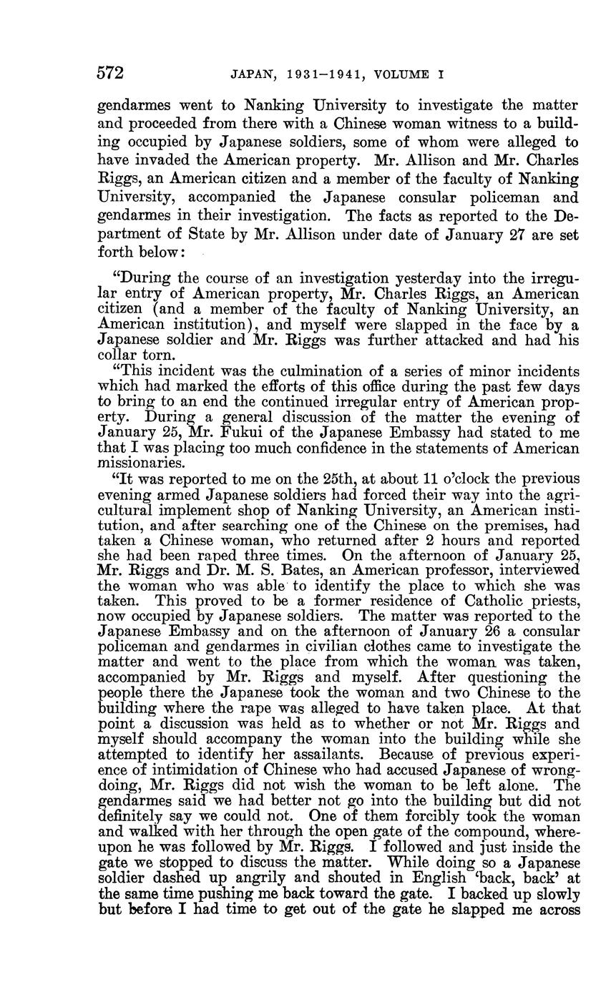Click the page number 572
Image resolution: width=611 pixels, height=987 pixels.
coord(111,73)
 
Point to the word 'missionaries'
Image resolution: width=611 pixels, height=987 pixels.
coord(137,463)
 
